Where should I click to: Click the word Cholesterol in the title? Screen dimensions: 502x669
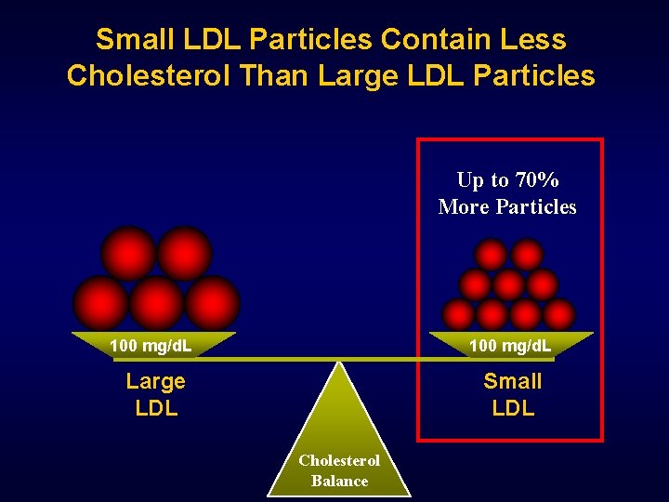click(x=149, y=74)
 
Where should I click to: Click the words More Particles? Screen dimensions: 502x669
click(x=507, y=207)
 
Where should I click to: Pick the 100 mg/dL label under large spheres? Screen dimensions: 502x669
click(x=151, y=347)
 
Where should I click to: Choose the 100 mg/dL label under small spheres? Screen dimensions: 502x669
click(x=510, y=347)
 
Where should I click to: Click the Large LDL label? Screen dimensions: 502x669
click(x=156, y=394)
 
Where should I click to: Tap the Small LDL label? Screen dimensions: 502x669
click(x=513, y=394)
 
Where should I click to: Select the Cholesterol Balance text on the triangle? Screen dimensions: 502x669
click(x=339, y=470)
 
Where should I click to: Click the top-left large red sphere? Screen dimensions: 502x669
click(x=128, y=253)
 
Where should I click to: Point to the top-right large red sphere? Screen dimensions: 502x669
click(x=184, y=253)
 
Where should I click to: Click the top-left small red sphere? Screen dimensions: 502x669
click(x=491, y=254)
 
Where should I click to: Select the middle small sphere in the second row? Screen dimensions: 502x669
click(x=508, y=284)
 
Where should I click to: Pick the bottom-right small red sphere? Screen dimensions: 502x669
click(x=559, y=313)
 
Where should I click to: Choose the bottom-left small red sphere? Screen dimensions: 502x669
click(x=457, y=313)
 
